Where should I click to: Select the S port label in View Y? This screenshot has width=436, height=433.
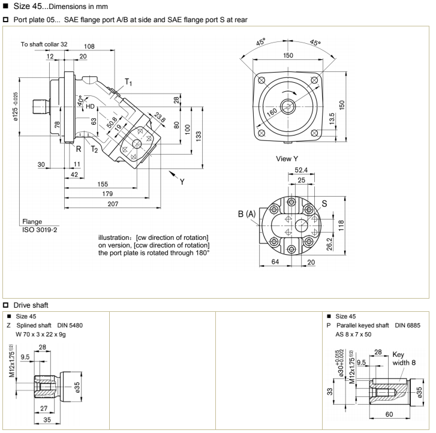pyautogui.click(x=324, y=203)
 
